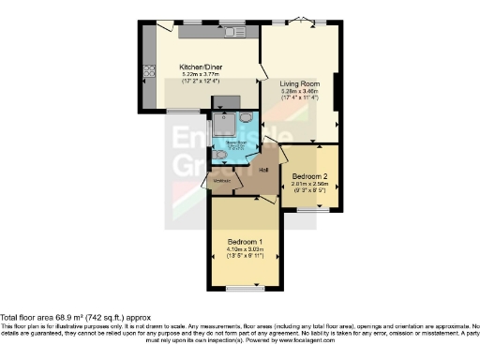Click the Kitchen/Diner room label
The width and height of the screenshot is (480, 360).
point(200,67)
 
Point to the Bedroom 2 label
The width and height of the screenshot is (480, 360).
point(309,175)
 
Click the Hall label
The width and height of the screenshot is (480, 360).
point(264,170)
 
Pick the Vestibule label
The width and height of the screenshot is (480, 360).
point(222,181)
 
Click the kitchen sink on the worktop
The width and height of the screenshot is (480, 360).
point(232,33)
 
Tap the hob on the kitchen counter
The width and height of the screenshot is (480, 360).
point(148,71)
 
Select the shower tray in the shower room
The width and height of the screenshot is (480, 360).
point(226,125)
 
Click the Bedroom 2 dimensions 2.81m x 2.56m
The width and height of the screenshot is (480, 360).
point(309,186)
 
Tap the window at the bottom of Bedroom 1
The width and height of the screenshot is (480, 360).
point(246,285)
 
